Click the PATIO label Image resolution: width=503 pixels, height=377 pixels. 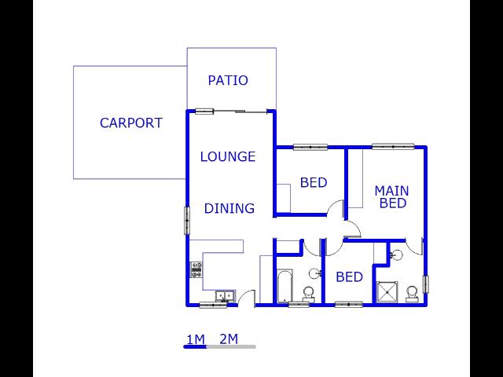pos(228,80)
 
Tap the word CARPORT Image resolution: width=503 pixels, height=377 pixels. pos(131,123)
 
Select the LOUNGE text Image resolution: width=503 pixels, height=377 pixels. pos(228,156)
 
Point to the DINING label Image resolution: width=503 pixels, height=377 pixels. pos(229,208)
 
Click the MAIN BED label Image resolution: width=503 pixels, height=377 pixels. pos(392,197)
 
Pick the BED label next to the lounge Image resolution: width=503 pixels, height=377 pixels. pos(314,182)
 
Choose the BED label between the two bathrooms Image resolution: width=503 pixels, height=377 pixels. pos(349,276)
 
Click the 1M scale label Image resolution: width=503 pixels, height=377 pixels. pos(196,339)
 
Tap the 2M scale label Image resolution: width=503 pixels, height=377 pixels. pos(229,339)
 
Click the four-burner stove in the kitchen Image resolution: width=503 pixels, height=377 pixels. pos(196,269)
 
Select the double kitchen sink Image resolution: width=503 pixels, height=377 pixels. pos(225,295)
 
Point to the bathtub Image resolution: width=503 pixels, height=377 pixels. pos(285,286)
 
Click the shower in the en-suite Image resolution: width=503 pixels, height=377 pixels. pos(387,291)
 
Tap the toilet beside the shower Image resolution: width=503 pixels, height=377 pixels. pos(412,294)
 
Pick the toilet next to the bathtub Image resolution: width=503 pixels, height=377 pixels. pos(309,295)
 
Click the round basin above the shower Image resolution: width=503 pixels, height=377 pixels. pos(396,255)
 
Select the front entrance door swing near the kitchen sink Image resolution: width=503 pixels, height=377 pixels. pos(246,298)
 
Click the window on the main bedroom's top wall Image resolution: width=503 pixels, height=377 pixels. pos(393,147)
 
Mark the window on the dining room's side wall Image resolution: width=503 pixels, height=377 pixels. pos(187,221)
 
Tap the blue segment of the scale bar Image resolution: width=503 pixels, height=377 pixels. pos(195,346)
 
